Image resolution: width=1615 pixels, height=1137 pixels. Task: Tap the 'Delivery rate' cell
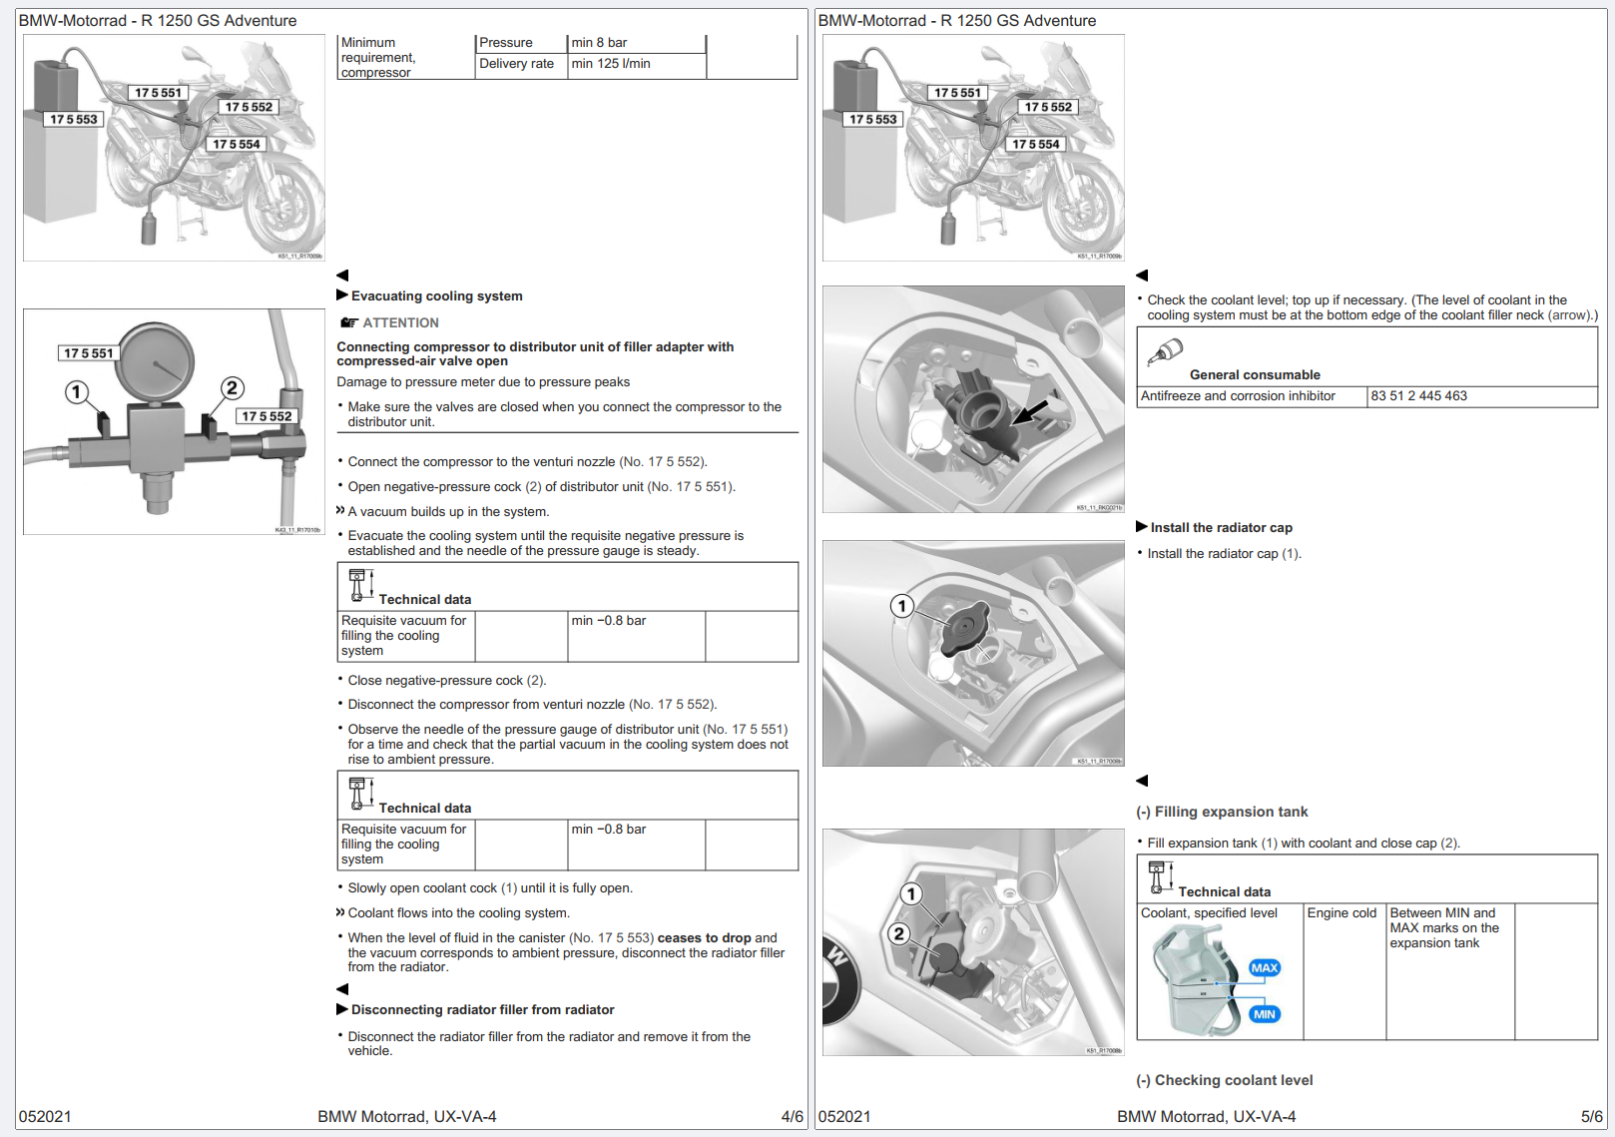pos(516,64)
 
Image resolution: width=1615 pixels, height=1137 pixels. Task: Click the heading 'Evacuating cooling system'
pos(436,296)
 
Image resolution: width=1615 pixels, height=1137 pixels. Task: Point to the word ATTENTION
pos(400,323)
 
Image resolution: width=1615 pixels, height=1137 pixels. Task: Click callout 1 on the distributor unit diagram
pos(77,392)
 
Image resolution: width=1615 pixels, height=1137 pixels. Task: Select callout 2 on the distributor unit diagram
pos(232,388)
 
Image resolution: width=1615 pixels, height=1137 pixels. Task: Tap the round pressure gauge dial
pos(156,363)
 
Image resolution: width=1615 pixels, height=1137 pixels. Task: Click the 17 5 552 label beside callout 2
pos(267,416)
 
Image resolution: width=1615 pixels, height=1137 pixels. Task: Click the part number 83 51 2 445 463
pos(1418,396)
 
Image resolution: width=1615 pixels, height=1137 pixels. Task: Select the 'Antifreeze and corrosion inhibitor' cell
pos(1238,396)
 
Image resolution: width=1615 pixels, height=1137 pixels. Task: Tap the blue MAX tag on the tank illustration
pos(1264,968)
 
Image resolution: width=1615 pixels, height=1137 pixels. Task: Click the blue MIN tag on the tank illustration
pos(1264,1014)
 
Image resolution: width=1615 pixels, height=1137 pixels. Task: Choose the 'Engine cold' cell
pos(1342,913)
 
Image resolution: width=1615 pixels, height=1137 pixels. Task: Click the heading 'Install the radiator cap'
pos(1221,528)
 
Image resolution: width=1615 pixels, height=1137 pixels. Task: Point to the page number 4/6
pos(792,1117)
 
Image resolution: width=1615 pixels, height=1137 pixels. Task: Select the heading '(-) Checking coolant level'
pos(1225,1081)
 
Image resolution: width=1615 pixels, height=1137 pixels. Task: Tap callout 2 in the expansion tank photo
pos(899,933)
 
